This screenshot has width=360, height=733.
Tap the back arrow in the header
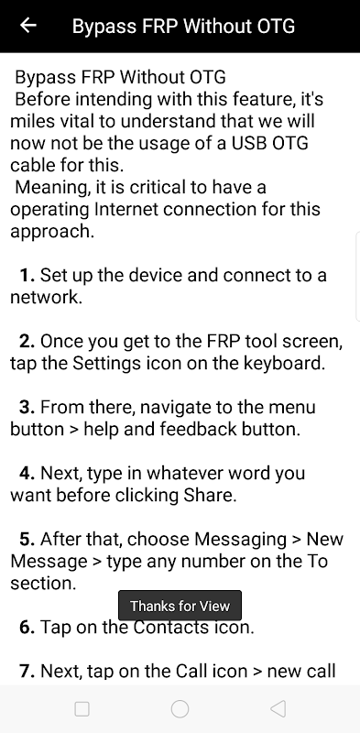[x=28, y=26]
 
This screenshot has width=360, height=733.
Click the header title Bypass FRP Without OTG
[x=183, y=27]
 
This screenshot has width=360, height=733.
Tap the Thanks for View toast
[x=180, y=606]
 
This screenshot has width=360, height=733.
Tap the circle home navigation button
[x=180, y=708]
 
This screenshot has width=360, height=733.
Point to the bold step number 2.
[x=27, y=342]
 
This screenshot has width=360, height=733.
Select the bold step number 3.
[x=27, y=407]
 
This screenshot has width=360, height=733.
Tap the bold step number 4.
[x=27, y=473]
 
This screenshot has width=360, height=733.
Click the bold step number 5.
[x=27, y=539]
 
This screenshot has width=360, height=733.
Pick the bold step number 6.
[x=27, y=627]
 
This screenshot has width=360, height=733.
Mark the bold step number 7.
[x=27, y=671]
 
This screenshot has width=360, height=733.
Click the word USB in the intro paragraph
[x=249, y=143]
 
